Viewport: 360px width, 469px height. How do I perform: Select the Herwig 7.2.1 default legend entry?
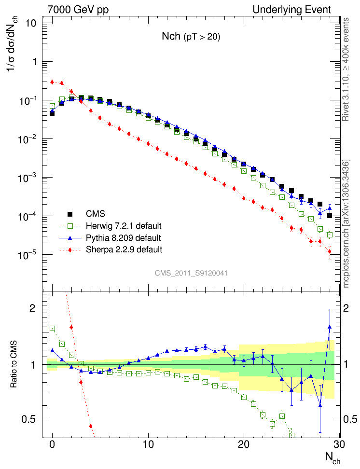coord(124,226)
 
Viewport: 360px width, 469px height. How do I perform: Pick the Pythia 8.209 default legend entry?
coord(123,238)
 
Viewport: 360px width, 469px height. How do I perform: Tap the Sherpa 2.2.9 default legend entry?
coord(124,249)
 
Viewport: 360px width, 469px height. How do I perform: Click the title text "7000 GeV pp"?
coord(78,10)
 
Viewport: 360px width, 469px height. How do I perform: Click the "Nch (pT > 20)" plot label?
coord(191,37)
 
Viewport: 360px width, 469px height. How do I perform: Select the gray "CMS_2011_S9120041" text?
coord(191,273)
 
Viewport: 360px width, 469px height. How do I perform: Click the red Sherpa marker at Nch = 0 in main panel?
coord(52,82)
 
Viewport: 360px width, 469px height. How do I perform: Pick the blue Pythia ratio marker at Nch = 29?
coord(330,327)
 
